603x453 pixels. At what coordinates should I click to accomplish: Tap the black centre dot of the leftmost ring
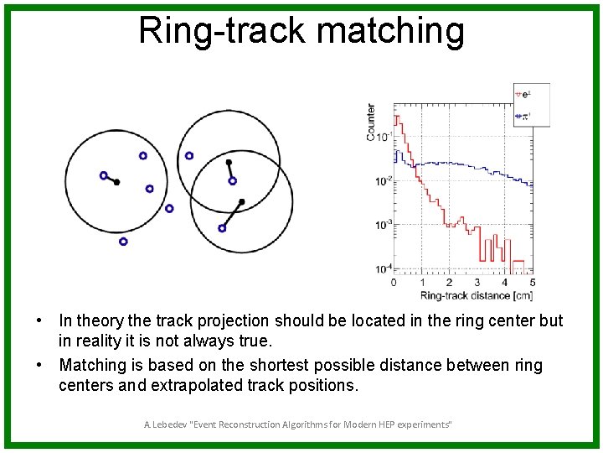[x=116, y=182]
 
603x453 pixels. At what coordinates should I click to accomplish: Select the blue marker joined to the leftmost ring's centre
[x=103, y=175]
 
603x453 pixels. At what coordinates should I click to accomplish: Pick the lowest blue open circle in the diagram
[x=123, y=242]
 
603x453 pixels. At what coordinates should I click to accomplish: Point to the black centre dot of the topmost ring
[x=228, y=162]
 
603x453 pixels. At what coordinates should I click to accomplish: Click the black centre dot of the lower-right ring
[x=241, y=201]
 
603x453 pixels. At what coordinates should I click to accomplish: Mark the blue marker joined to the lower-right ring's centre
[x=222, y=228]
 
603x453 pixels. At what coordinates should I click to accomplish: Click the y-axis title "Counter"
[x=371, y=122]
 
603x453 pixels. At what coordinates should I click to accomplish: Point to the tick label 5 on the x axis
[x=533, y=283]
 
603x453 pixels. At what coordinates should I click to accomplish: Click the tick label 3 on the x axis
[x=477, y=283]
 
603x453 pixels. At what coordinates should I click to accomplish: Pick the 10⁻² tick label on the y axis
[x=382, y=180]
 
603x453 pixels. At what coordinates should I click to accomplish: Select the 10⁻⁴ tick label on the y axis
[x=382, y=268]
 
